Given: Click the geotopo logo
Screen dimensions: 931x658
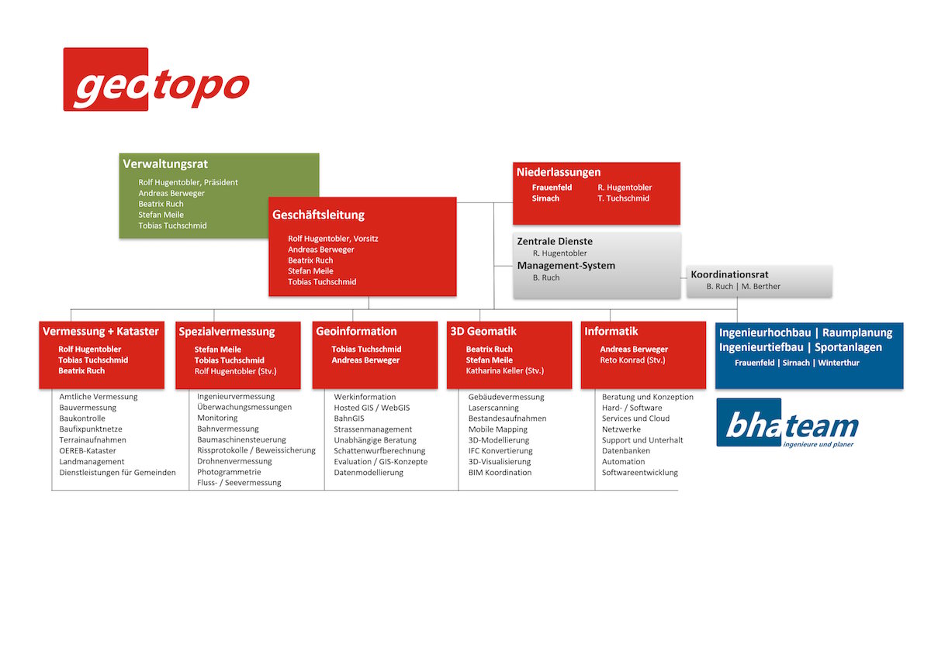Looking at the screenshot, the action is click(156, 79).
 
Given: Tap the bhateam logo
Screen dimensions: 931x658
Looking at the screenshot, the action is click(787, 423).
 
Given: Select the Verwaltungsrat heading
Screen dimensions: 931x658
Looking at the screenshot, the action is click(165, 164).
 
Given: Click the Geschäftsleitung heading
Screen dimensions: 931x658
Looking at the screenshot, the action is click(318, 215).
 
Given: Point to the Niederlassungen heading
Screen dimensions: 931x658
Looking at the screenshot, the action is click(558, 172).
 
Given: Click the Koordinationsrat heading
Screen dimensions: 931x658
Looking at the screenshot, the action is click(729, 274).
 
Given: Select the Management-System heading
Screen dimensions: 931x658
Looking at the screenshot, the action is click(566, 266).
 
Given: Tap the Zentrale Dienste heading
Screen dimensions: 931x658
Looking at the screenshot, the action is click(555, 241).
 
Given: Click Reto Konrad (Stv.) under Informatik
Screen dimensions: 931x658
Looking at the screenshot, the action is click(632, 360).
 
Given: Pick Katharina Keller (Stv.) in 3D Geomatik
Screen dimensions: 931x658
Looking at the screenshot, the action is click(505, 370).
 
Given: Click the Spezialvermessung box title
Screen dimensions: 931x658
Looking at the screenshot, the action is click(227, 332).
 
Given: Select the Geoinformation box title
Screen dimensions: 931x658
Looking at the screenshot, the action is click(356, 331).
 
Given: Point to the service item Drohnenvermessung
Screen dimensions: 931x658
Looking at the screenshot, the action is click(234, 461).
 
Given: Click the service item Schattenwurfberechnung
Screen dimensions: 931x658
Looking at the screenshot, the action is click(379, 451).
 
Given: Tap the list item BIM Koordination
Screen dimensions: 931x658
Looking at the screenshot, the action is click(500, 473).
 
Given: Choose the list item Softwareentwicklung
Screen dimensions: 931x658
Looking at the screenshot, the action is click(640, 473).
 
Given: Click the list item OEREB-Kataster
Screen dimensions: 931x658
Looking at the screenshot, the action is click(88, 451).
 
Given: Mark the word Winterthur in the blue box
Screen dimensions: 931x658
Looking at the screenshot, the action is click(839, 363).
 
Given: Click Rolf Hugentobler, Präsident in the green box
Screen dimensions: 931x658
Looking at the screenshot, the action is click(189, 182).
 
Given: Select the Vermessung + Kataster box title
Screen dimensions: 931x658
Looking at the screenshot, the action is click(101, 331).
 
